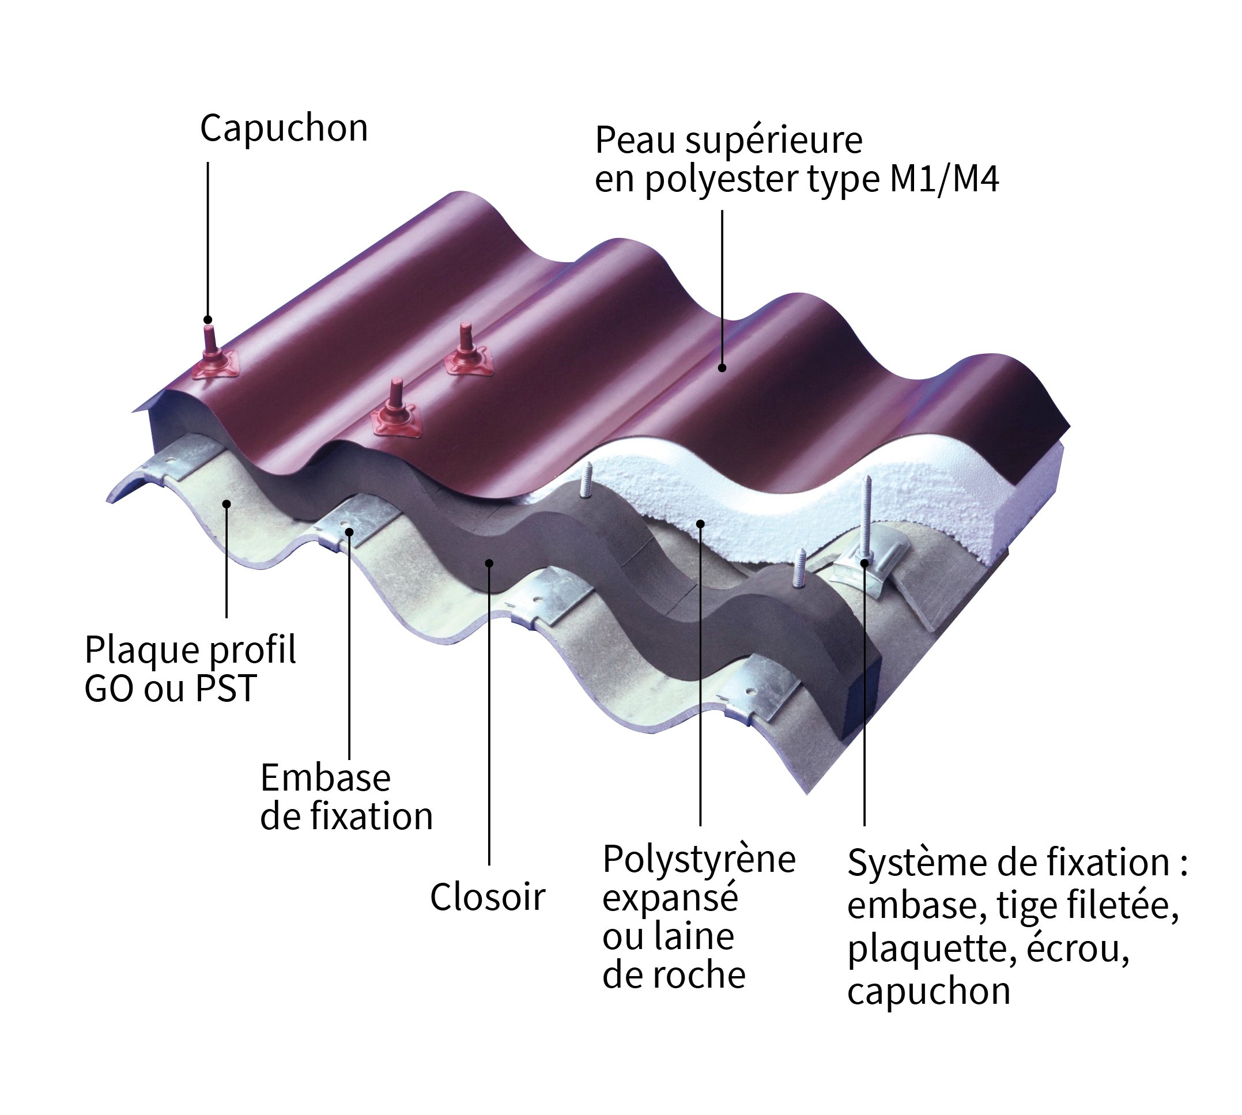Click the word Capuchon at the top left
point(284,128)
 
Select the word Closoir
point(487,898)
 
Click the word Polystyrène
point(699,860)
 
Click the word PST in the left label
point(225,689)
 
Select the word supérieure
point(774,141)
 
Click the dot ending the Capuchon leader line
point(207,320)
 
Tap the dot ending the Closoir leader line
point(489,563)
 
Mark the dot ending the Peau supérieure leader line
point(722,368)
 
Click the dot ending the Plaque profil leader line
point(226,504)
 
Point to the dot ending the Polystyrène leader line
point(700,523)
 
